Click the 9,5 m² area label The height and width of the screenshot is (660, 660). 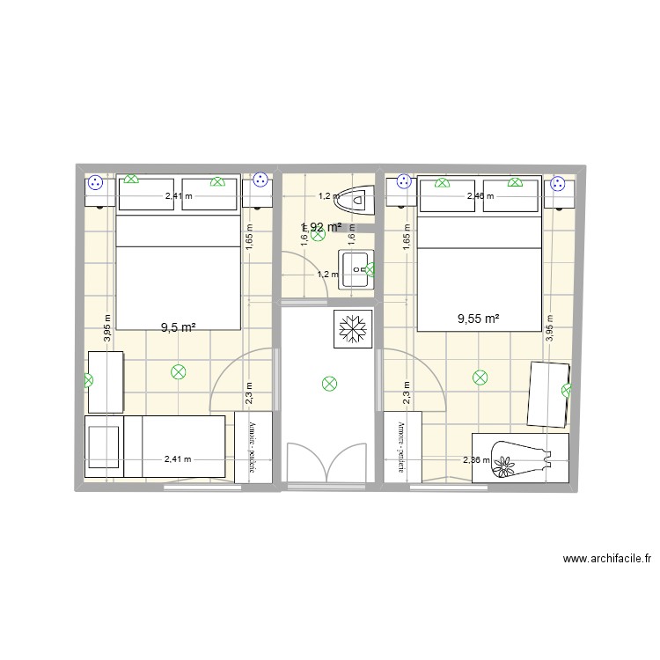(177, 327)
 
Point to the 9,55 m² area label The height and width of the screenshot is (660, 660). (479, 319)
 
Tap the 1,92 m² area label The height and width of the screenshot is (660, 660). (321, 227)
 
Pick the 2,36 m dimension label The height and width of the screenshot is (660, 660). (477, 458)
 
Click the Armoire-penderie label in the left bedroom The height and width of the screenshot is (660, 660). (253, 447)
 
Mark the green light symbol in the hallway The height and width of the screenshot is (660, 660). (329, 383)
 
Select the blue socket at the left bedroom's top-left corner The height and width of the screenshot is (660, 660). (96, 183)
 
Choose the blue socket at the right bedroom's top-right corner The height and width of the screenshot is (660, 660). (558, 185)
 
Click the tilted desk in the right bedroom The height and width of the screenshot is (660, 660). (548, 393)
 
